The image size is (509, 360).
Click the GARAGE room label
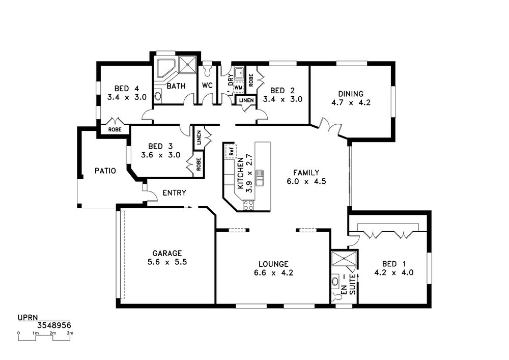click(167, 253)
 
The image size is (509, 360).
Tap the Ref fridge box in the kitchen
click(231, 151)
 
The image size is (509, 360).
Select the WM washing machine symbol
click(238, 87)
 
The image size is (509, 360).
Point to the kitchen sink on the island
click(260, 178)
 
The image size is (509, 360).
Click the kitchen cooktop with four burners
click(249, 205)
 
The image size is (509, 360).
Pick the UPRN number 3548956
click(54, 325)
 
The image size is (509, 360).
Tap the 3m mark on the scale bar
click(70, 333)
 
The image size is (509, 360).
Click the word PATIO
click(105, 171)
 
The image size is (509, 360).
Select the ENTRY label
click(174, 193)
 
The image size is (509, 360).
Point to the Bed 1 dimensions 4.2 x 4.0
click(394, 273)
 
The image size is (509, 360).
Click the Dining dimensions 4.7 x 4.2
click(351, 102)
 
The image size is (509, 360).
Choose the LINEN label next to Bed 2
click(246, 100)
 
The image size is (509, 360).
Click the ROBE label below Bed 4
click(115, 129)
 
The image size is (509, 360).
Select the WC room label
click(207, 86)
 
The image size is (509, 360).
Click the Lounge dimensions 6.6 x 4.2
click(274, 273)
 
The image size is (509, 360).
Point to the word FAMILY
click(306, 173)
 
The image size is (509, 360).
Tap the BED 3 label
click(160, 147)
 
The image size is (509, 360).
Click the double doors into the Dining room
click(330, 127)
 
